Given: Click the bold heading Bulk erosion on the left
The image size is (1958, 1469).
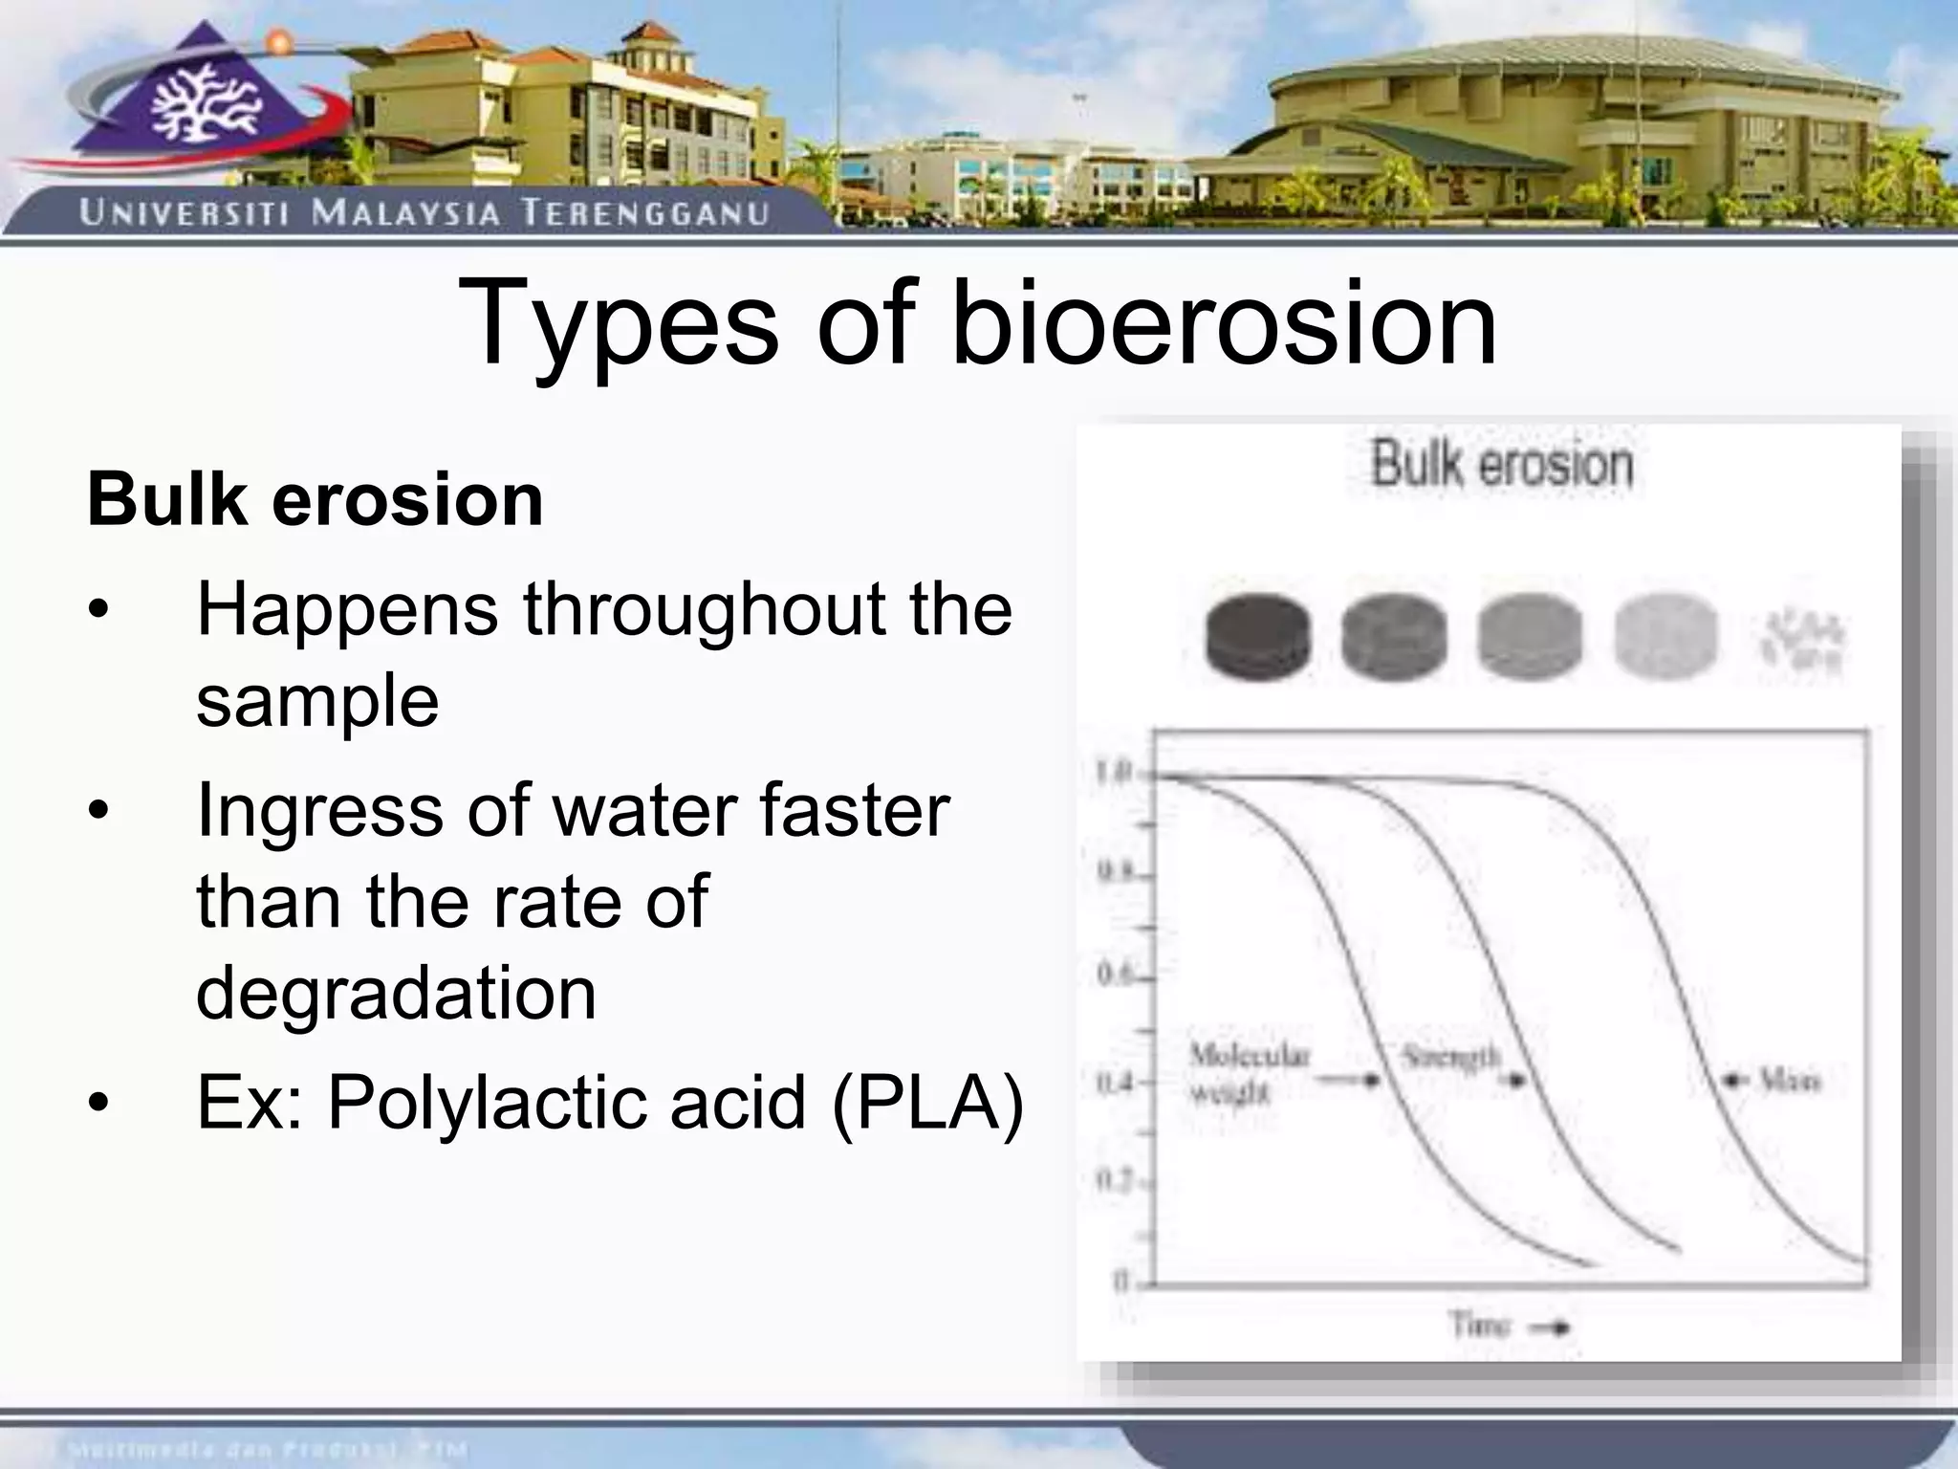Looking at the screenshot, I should [x=315, y=499].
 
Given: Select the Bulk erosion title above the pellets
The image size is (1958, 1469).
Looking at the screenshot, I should [x=1502, y=466].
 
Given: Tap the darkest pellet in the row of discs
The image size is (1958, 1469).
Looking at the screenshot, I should [x=1256, y=637].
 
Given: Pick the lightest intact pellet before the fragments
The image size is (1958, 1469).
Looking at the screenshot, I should [x=1665, y=637].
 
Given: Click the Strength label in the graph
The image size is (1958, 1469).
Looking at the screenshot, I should [x=1450, y=1058].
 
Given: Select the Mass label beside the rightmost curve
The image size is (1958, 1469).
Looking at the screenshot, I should [x=1791, y=1082].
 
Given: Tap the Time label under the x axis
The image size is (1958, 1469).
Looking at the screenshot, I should [x=1480, y=1326].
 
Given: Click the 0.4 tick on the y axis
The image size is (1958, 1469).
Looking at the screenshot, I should [x=1112, y=1084].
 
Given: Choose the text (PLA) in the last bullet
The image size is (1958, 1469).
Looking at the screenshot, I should [x=927, y=1103].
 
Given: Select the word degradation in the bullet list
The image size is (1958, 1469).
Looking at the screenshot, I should [x=396, y=993].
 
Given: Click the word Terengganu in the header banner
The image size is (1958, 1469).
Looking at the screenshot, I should [x=644, y=212].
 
